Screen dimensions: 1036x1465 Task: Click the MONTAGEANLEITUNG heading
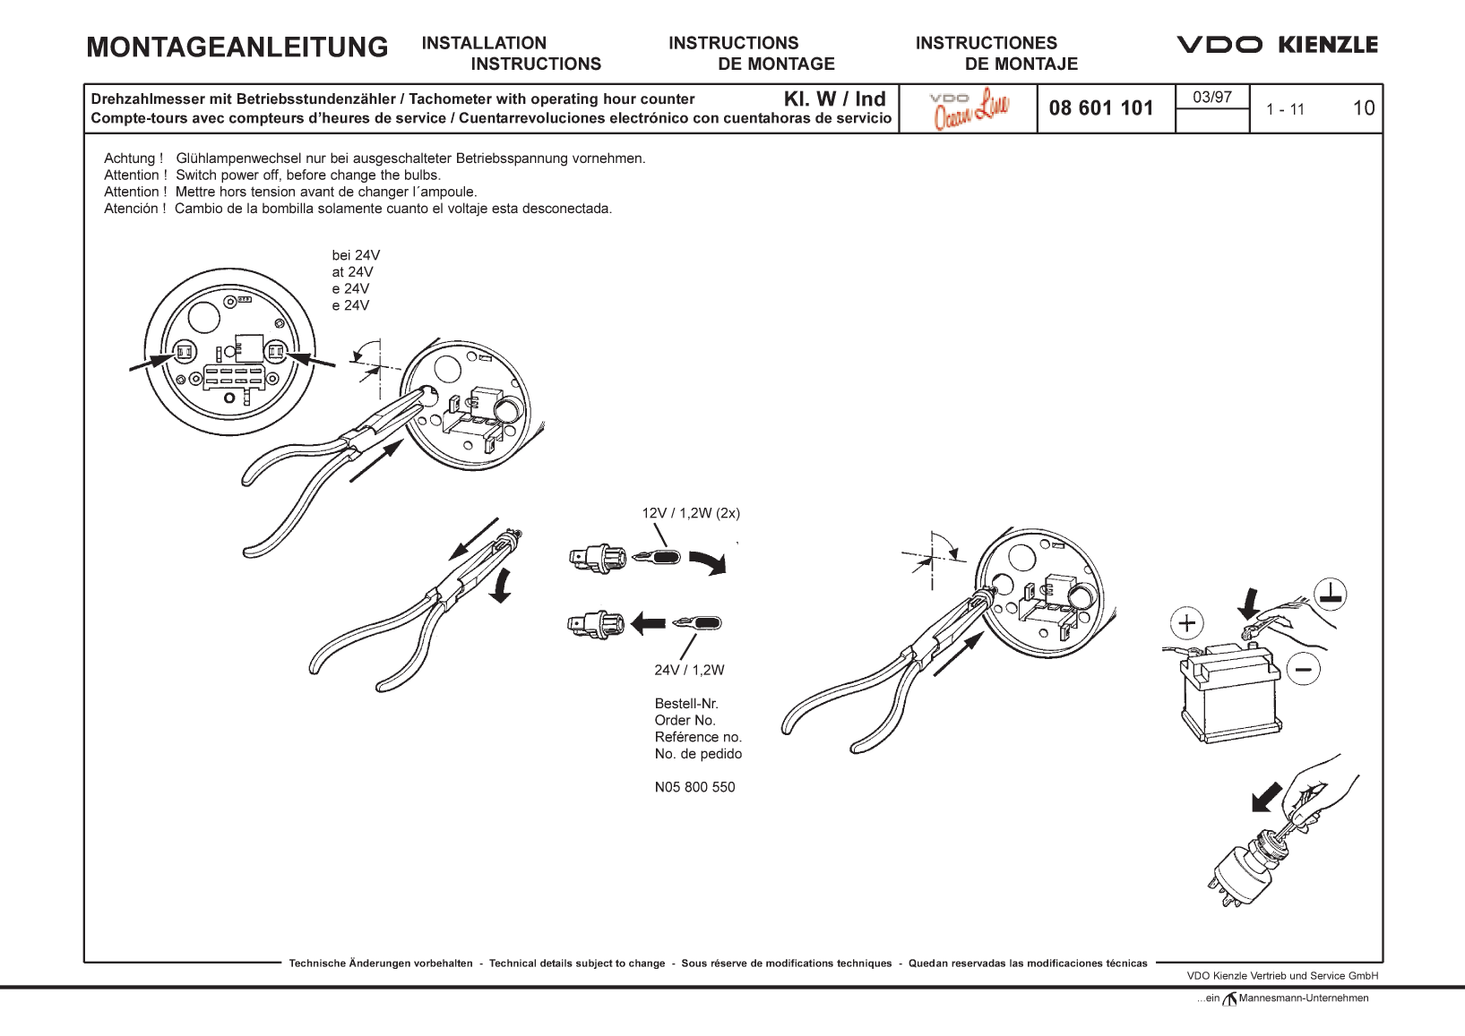(x=237, y=47)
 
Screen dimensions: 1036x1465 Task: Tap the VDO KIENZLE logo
(x=1277, y=45)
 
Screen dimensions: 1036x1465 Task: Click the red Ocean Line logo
(x=970, y=108)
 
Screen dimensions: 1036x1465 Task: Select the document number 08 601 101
(x=1101, y=108)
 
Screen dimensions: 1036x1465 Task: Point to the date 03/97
(x=1211, y=97)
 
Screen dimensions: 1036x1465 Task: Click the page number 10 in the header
(x=1363, y=108)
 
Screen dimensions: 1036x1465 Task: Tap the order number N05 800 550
(x=694, y=787)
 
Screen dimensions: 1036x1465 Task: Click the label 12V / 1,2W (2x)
(x=691, y=513)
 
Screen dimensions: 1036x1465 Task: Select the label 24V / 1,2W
(x=689, y=670)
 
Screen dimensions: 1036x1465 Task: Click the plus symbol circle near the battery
(x=1187, y=623)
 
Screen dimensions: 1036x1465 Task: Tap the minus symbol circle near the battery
(x=1303, y=668)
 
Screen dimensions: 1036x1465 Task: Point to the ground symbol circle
(x=1331, y=594)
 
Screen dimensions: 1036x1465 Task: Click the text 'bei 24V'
(x=356, y=255)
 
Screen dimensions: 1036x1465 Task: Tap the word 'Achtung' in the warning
(x=131, y=158)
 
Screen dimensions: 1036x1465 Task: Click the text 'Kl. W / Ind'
(x=834, y=98)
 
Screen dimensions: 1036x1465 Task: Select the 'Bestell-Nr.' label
(x=686, y=704)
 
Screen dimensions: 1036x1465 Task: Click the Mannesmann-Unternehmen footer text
(x=1303, y=998)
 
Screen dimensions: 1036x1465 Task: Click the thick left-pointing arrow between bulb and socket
(x=648, y=623)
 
